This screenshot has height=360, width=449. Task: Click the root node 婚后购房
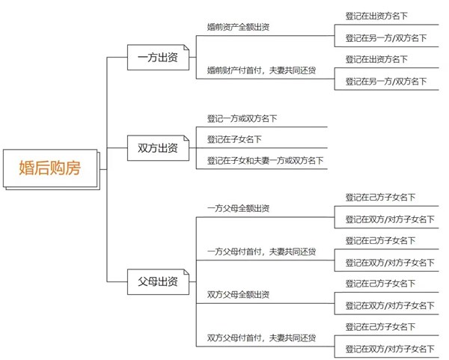point(49,168)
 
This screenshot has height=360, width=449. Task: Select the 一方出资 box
point(157,57)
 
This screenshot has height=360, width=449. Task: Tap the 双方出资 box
point(157,147)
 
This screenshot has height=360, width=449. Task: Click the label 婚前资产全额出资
point(238,27)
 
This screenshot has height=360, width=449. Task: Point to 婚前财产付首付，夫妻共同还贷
point(261,70)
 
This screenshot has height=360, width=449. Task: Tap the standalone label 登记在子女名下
point(234,139)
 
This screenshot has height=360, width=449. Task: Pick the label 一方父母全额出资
point(238,208)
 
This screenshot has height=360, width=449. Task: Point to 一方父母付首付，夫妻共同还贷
point(261,252)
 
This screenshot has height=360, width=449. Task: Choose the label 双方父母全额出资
point(238,295)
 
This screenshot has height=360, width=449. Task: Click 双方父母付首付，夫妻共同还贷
point(261,338)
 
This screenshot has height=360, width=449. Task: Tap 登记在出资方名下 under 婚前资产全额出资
point(376,15)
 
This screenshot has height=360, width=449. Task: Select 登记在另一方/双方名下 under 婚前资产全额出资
point(385,37)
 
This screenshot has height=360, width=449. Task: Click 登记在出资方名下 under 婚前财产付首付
point(376,58)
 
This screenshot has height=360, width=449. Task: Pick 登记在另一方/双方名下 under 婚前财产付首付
point(385,81)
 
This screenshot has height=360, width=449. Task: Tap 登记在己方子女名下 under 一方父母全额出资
point(380,198)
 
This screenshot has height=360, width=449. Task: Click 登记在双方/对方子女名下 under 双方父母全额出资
point(389,305)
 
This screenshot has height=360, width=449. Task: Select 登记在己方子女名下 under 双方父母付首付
point(380,327)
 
